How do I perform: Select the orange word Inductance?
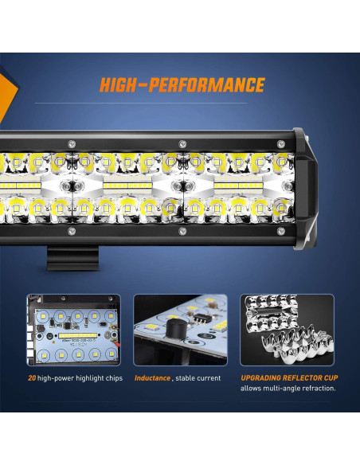coord(152,378)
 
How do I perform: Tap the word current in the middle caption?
coord(208,378)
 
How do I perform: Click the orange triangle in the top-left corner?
coord(6,88)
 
